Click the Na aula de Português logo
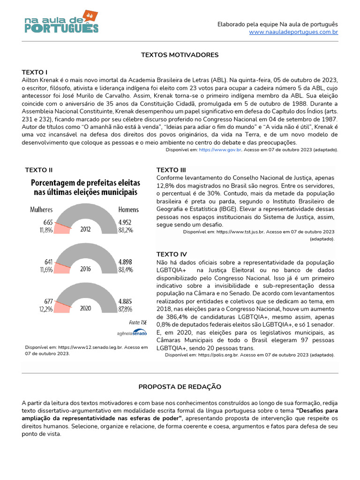(61, 22)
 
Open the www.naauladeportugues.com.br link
(293, 32)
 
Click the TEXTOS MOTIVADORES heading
(180, 55)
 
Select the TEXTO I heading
(35, 72)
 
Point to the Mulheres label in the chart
(41, 210)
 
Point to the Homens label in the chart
(129, 210)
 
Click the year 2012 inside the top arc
(86, 230)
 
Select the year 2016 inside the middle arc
(86, 269)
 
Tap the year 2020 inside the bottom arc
(86, 309)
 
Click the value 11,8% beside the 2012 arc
(46, 230)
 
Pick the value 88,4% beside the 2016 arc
(126, 270)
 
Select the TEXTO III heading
(171, 170)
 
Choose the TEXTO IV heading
(171, 254)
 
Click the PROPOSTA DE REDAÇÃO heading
(180, 387)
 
